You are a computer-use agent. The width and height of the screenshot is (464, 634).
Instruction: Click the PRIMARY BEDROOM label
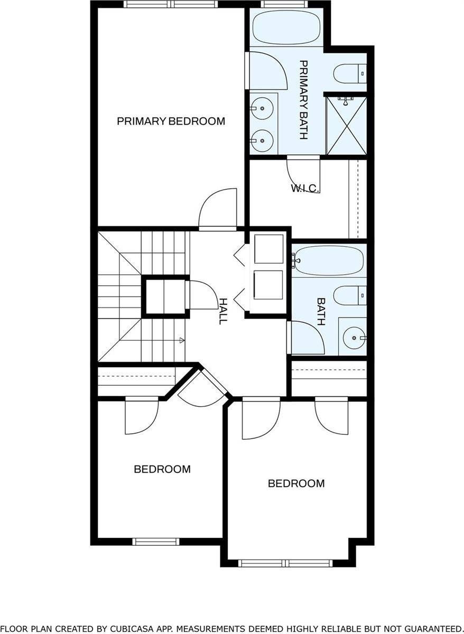[171, 121]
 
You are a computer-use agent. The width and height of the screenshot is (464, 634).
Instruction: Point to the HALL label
[224, 311]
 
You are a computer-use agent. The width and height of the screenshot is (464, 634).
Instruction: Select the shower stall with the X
[346, 125]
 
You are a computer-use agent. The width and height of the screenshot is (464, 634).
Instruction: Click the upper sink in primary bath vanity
[262, 109]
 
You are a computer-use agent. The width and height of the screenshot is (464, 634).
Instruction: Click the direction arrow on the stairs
[182, 341]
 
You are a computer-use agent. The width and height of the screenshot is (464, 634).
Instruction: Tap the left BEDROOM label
[162, 469]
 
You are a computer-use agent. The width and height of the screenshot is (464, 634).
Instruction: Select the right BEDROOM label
[296, 483]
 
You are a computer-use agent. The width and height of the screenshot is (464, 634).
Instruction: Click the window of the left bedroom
[156, 541]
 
